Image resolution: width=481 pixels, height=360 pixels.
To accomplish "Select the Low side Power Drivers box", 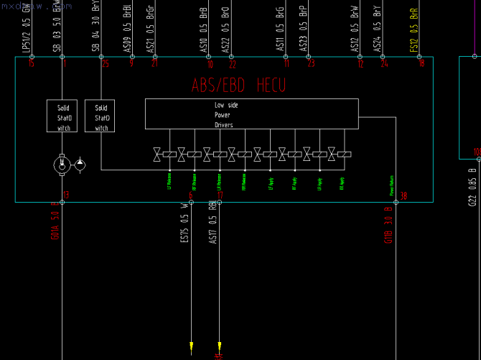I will [x=251, y=114].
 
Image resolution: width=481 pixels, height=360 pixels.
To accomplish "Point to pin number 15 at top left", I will [x=31, y=63].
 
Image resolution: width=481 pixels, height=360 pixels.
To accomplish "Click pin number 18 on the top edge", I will [x=421, y=63].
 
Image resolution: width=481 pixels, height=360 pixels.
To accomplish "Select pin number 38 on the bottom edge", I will [x=403, y=195].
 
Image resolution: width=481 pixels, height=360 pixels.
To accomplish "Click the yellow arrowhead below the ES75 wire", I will [x=191, y=349].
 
